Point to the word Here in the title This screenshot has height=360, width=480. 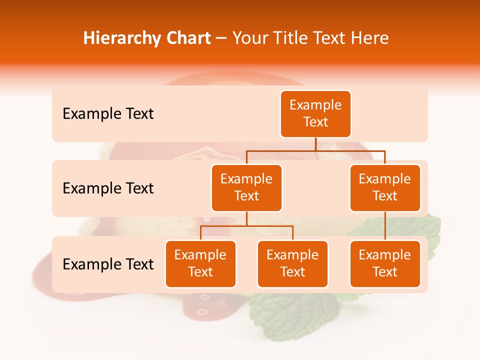pos(369,38)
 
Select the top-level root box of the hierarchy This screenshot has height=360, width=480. pos(315,113)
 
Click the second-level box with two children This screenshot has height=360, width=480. pos(246,187)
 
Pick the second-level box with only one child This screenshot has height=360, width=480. pos(385,187)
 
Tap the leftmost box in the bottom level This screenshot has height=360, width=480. pos(200,263)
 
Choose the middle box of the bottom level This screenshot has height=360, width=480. pos(292,263)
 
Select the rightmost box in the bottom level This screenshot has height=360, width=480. pos(385,263)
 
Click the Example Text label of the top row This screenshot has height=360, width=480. pos(108,114)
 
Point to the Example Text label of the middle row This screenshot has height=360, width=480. pos(108,188)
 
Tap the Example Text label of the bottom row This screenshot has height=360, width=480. pos(108,264)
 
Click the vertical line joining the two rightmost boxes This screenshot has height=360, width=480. pos(385,226)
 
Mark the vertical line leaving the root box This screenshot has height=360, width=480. pos(315,144)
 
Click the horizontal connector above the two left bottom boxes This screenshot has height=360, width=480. pos(246,226)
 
